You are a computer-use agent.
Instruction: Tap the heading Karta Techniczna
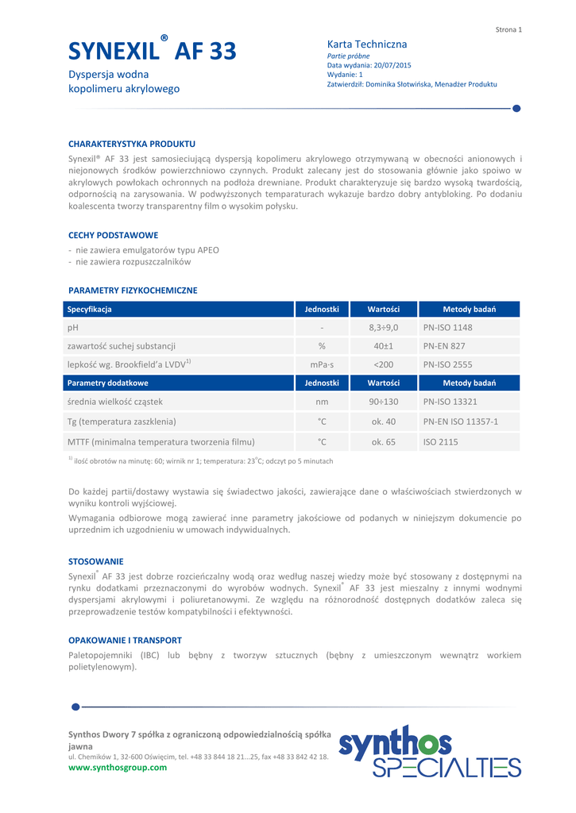[x=367, y=44]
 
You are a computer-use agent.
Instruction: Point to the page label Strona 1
[x=508, y=29]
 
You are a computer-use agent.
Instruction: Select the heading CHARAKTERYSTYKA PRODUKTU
[x=132, y=144]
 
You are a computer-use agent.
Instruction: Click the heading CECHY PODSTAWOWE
[x=113, y=235]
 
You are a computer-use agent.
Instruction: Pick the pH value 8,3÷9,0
[x=384, y=327]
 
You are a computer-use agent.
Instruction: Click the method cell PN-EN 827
[x=444, y=346]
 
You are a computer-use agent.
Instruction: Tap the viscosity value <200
[x=384, y=364]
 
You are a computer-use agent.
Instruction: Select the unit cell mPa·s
[x=322, y=364]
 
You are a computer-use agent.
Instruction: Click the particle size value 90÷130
[x=384, y=402]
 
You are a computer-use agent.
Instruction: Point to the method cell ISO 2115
[x=440, y=441]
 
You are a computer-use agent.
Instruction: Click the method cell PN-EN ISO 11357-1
[x=461, y=422]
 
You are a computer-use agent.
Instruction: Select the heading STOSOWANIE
[x=96, y=561]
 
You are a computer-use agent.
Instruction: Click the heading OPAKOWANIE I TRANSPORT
[x=125, y=640]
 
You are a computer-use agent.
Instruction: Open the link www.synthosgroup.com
[x=118, y=768]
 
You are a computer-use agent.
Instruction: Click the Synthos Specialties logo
[x=429, y=751]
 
